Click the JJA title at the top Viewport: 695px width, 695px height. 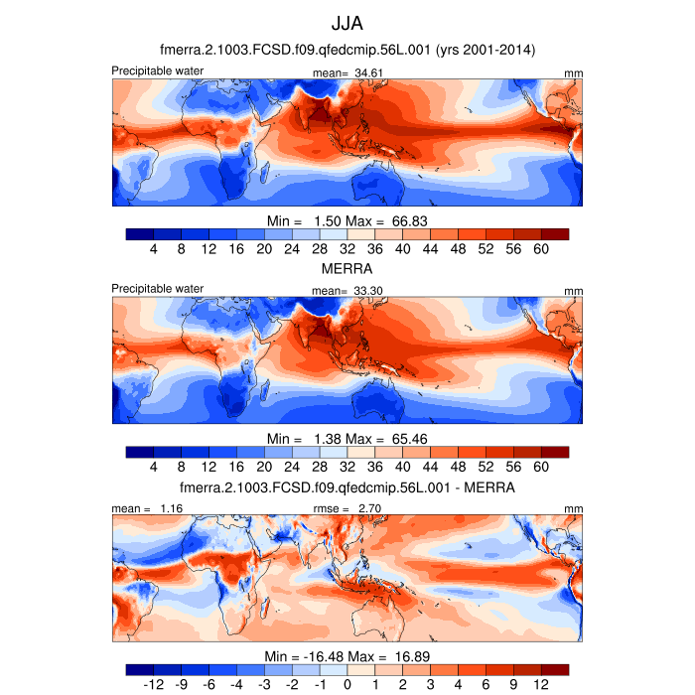click(347, 21)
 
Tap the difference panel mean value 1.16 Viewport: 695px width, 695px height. click(168, 507)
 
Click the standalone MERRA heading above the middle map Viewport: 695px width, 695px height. click(347, 269)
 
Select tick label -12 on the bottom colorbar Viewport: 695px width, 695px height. click(153, 685)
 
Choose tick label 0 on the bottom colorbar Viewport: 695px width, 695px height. click(347, 685)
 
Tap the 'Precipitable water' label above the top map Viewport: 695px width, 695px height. click(158, 70)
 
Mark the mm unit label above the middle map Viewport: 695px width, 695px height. click(574, 290)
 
